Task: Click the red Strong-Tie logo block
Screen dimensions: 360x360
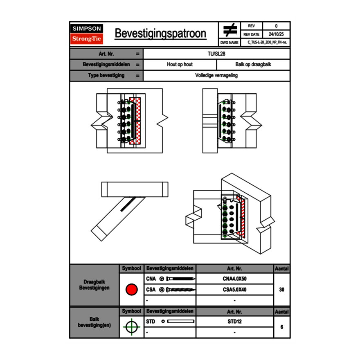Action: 87,38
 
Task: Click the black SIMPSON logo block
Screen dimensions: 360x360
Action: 87,29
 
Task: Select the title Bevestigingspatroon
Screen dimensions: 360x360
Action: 160,34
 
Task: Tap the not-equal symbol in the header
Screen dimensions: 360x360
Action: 230,30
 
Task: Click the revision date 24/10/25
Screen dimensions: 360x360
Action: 276,34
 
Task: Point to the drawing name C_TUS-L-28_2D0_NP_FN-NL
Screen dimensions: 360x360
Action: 267,42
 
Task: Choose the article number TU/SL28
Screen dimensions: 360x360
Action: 216,54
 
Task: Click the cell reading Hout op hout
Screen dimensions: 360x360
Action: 180,65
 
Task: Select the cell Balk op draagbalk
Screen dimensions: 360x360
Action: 253,65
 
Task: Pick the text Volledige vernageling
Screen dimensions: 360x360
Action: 216,75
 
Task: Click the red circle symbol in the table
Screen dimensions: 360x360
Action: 132,289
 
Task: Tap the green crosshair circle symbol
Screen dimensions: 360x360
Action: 132,327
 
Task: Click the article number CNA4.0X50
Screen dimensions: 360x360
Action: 235,279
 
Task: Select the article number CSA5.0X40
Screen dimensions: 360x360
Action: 235,290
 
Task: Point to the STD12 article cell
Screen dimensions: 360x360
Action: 235,322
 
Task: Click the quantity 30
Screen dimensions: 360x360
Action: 282,290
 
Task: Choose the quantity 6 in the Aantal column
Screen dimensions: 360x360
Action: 282,327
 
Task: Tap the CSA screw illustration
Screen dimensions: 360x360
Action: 180,290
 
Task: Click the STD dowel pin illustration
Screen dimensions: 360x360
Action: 181,322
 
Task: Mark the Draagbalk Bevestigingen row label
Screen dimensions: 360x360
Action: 94,285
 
